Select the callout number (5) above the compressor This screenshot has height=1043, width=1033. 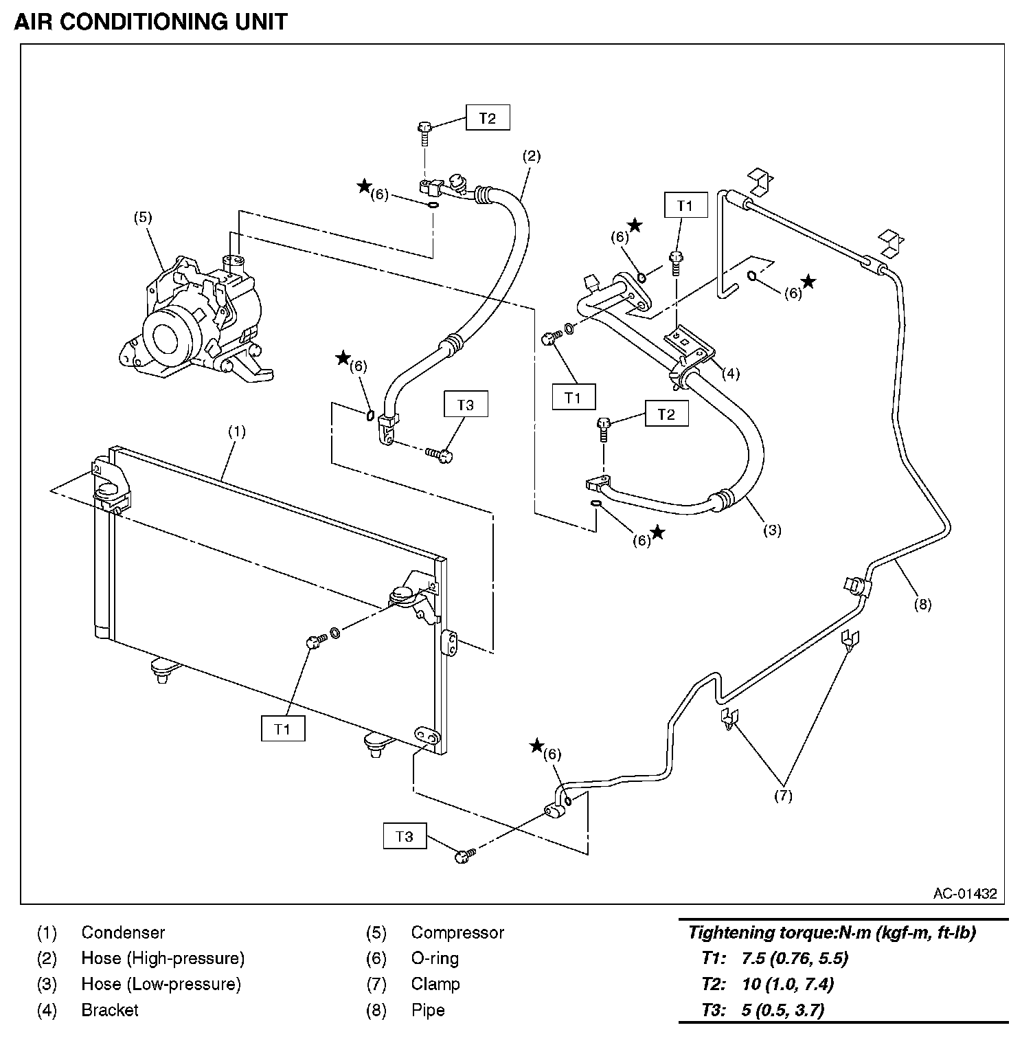143,218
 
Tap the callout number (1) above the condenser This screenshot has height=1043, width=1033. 236,431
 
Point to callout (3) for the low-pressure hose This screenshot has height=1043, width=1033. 772,530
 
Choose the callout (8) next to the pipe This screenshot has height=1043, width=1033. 922,604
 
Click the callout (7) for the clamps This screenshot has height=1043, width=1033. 783,796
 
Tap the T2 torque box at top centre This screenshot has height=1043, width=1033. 487,118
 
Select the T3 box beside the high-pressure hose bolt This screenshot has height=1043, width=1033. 465,405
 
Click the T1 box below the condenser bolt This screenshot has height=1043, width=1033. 282,729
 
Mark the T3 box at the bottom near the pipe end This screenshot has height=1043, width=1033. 405,836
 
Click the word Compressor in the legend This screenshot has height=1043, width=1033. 457,932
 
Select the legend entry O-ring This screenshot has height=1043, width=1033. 435,958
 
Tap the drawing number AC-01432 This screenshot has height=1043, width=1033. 964,894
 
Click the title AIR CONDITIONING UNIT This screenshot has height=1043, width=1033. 150,22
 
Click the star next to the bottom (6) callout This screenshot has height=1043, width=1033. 537,745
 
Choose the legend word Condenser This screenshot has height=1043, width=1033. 123,932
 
